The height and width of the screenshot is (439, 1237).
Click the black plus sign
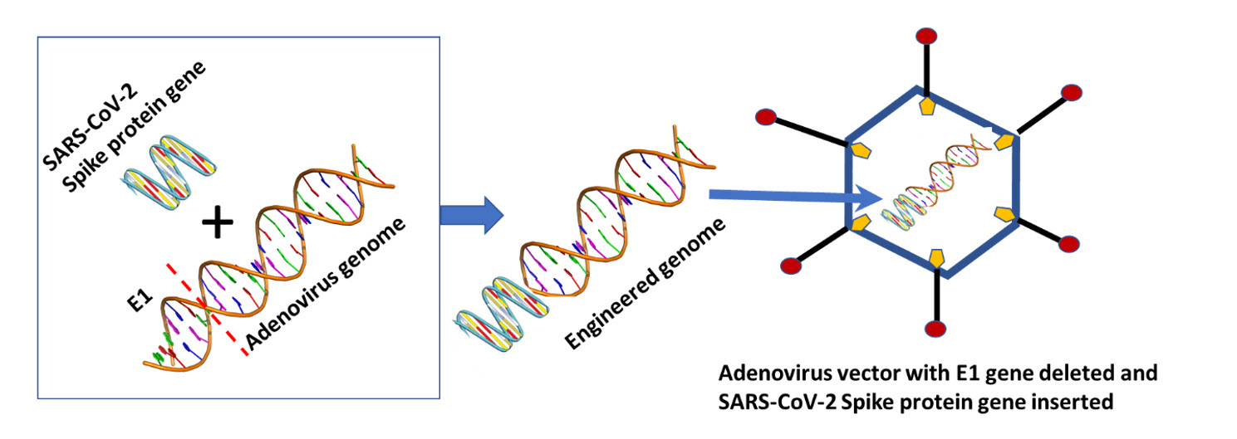pos(218,222)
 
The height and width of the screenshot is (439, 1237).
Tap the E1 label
pos(140,300)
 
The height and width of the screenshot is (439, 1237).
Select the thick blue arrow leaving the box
pos(472,215)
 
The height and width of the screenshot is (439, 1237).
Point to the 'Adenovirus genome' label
pos(326,284)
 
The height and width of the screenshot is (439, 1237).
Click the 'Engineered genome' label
pos(645,284)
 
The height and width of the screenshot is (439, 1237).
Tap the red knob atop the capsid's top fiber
pos(926,36)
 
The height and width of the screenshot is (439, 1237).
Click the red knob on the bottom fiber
pos(935,329)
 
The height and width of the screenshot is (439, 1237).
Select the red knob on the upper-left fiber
pos(766,117)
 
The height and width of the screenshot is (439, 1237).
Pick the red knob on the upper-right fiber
pos(1072,93)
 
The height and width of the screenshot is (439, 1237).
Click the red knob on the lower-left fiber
pos(791,266)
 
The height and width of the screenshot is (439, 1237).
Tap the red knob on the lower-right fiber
pos(1069,244)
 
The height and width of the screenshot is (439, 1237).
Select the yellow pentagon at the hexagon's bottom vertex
pos(936,258)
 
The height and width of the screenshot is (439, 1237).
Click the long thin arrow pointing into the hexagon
pos(795,197)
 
